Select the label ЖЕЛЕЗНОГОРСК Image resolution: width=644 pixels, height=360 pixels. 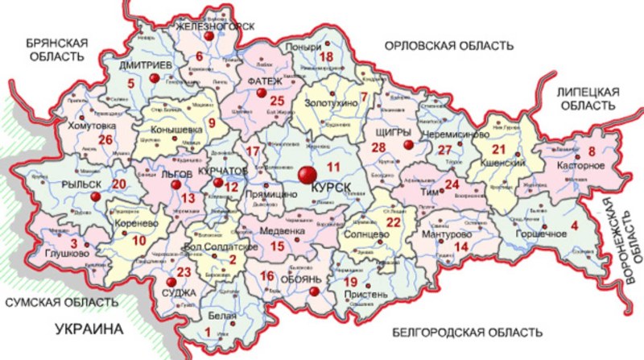[x=215, y=26]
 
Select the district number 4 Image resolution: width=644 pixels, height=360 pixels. [x=575, y=226]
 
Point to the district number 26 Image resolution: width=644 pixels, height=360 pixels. [x=104, y=139]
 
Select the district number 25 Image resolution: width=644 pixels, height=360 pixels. [x=278, y=101]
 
